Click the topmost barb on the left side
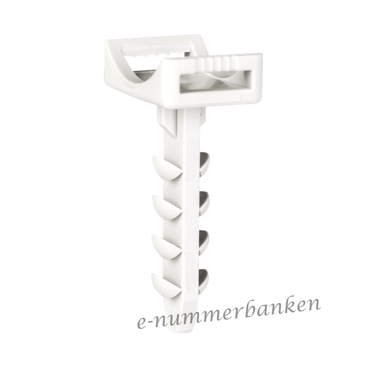pyautogui.click(x=166, y=167)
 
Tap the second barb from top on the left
pyautogui.click(x=166, y=208)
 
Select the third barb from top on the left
pyautogui.click(x=166, y=247)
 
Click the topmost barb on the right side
pyautogui.click(x=204, y=163)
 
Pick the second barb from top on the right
pyautogui.click(x=204, y=202)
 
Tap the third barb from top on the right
pyautogui.click(x=204, y=242)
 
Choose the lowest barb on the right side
pyautogui.click(x=204, y=280)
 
